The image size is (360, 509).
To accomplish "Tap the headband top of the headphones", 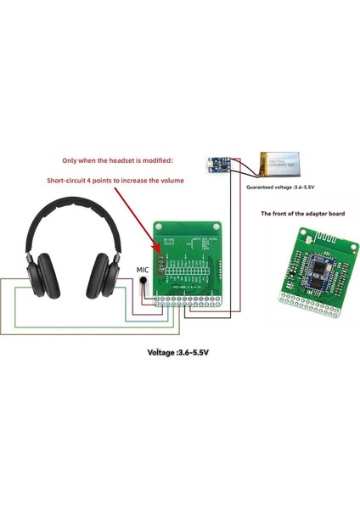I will tap(76, 204).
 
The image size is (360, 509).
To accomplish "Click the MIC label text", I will tap(143, 269).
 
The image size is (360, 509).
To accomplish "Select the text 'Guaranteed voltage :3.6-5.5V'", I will tap(281, 187).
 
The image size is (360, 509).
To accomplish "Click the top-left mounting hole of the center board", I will tap(158, 228).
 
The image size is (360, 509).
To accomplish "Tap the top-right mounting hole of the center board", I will tap(216, 228).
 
